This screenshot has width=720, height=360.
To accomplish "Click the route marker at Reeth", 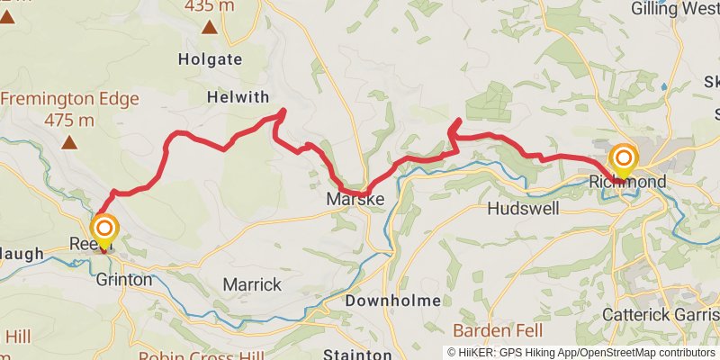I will [104, 231].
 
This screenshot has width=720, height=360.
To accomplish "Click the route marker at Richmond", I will [623, 161].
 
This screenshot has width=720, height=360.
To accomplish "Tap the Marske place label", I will [355, 199].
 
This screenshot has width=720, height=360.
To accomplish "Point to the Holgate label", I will [211, 60].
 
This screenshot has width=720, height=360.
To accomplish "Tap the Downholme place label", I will [393, 300].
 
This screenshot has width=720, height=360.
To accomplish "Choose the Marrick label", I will [252, 284].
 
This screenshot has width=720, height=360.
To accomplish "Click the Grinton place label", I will [123, 279].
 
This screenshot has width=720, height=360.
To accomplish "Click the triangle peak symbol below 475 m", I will [69, 141].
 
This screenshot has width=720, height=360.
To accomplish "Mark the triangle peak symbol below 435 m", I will [210, 28].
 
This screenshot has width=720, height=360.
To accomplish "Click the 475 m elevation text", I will [69, 120].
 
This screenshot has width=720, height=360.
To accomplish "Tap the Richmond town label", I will [629, 183].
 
